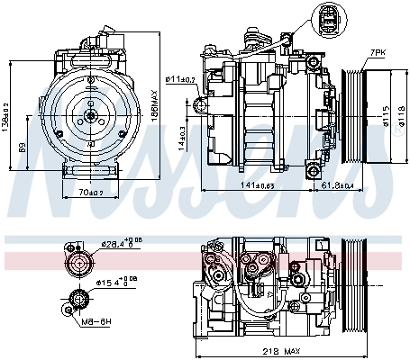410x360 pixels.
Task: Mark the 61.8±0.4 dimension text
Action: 339,186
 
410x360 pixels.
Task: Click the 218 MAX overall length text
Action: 282,350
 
